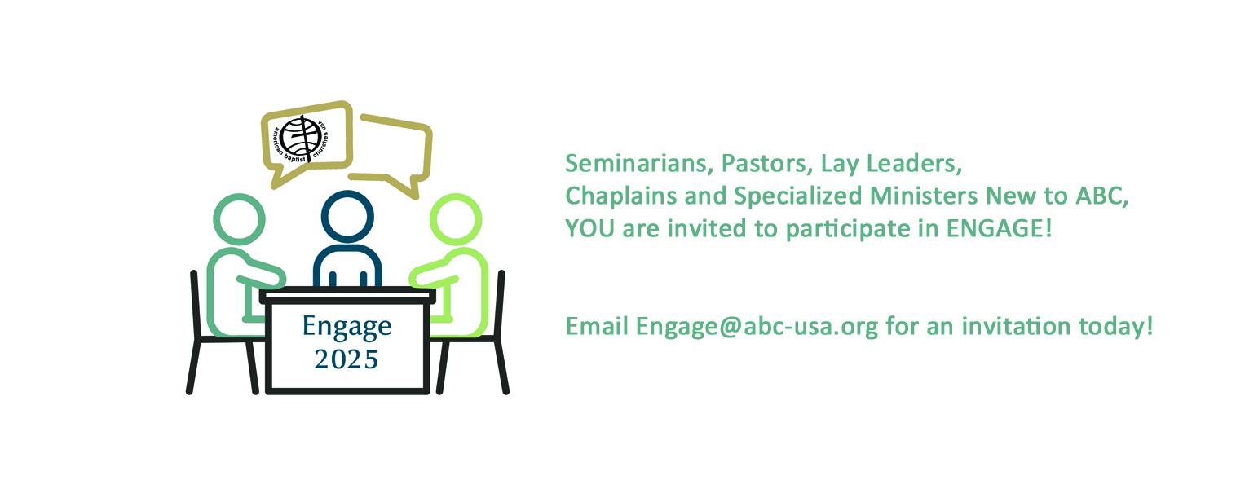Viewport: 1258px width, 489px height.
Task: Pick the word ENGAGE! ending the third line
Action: click(999, 229)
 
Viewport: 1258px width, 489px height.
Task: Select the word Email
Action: click(597, 327)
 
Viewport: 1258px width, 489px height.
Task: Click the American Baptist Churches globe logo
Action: click(302, 139)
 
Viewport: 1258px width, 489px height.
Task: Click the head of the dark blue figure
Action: click(347, 217)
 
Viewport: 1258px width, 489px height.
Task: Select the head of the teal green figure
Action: click(239, 219)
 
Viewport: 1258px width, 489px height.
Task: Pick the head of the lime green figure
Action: click(456, 219)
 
